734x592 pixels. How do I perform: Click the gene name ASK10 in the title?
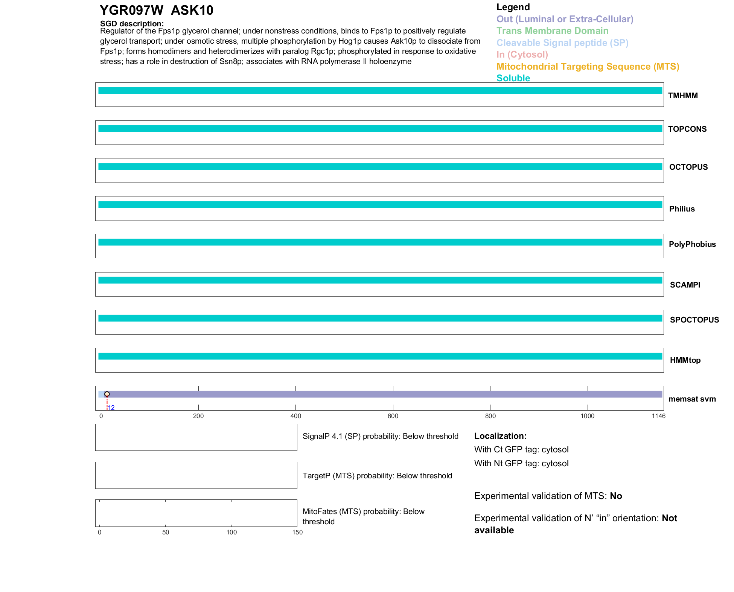(x=192, y=10)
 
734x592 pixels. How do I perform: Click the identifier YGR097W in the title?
(x=131, y=10)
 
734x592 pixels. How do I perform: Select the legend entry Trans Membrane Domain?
(x=552, y=31)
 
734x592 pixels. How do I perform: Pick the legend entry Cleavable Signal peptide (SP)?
(x=562, y=43)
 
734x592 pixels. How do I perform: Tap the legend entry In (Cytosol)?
(x=522, y=55)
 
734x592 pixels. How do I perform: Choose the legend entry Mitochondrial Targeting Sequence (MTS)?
(x=588, y=67)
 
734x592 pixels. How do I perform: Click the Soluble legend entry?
(x=513, y=78)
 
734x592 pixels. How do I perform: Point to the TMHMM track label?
(x=683, y=96)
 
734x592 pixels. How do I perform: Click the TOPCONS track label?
(x=687, y=129)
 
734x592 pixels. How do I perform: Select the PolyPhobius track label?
(x=692, y=244)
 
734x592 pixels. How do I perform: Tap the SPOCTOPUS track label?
(x=694, y=320)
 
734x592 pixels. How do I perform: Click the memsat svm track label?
(x=692, y=399)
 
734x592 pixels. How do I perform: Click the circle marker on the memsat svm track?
(x=107, y=394)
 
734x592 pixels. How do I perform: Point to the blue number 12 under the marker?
(x=111, y=408)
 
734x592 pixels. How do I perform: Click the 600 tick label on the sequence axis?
(x=393, y=416)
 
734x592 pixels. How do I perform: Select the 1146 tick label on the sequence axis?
(x=658, y=416)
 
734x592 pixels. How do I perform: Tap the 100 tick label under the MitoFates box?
(x=231, y=532)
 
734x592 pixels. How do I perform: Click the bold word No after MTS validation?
(x=616, y=496)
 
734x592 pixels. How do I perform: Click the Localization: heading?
(x=500, y=436)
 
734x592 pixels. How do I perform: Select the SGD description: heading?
(x=132, y=24)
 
